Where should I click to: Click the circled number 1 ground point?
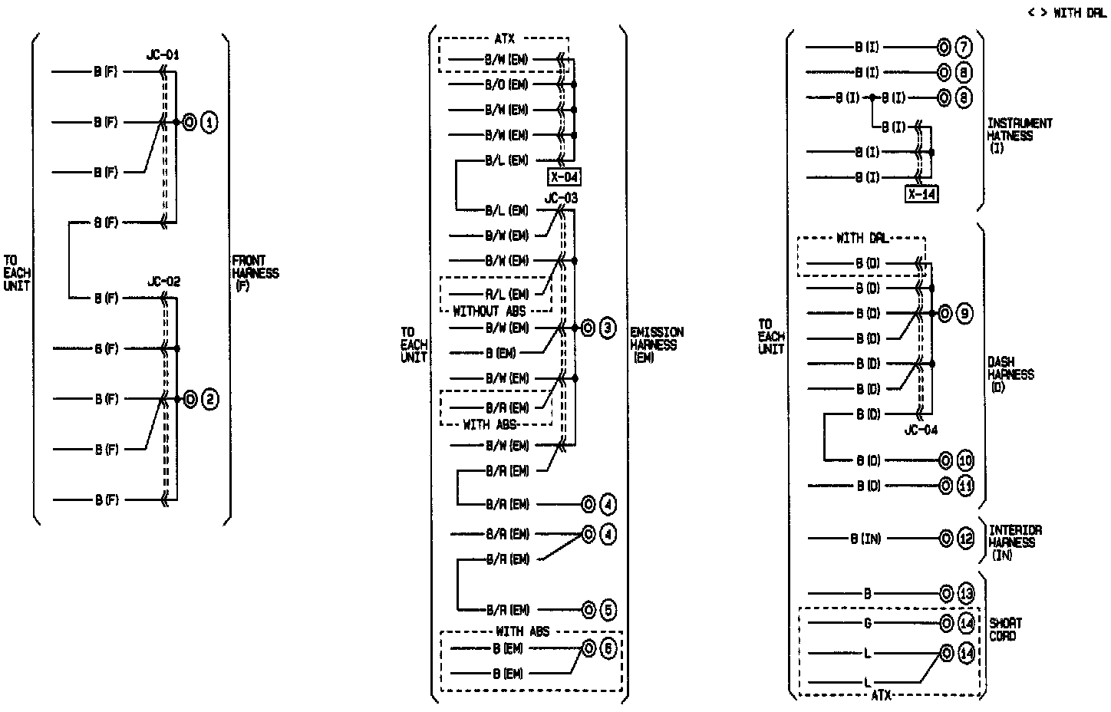click(209, 122)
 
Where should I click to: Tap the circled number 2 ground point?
click(209, 399)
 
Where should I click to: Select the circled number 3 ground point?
click(607, 328)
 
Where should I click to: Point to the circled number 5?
click(607, 610)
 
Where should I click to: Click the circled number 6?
click(607, 648)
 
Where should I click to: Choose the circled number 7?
click(964, 47)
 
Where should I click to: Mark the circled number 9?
click(964, 313)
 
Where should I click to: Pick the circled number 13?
click(966, 593)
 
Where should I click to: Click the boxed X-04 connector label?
click(564, 177)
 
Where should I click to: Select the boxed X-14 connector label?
click(921, 193)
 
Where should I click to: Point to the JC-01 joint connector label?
click(163, 56)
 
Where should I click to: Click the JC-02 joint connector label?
click(163, 282)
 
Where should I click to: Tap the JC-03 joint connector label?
click(561, 198)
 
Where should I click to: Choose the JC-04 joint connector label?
click(921, 430)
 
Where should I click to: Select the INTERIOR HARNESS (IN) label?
click(1014, 542)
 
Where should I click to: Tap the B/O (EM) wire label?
click(506, 84)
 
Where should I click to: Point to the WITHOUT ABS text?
click(490, 311)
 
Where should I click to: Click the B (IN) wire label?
click(865, 539)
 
